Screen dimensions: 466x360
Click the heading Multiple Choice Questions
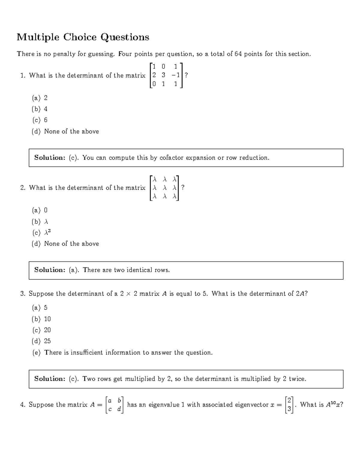click(83, 37)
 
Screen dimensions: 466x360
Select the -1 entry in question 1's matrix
click(175, 75)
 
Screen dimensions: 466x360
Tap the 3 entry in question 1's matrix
click(163, 75)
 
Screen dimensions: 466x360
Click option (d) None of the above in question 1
click(65, 131)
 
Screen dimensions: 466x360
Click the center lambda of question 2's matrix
click(164, 188)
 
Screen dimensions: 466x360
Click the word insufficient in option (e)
click(87, 353)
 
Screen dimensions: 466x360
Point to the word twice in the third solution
click(297, 379)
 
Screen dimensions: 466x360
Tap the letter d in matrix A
click(119, 409)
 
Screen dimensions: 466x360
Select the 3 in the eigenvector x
click(289, 409)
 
